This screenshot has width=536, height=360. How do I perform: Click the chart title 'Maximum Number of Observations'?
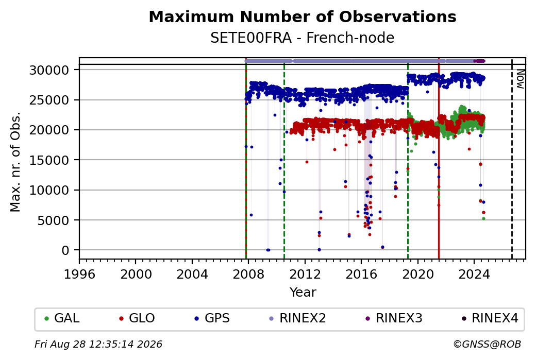[x=303, y=16]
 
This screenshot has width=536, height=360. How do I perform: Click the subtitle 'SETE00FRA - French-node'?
[x=303, y=38]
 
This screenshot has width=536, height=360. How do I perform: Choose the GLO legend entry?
[x=137, y=318]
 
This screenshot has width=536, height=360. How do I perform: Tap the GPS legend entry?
[x=212, y=318]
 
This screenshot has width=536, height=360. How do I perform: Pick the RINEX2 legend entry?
[x=297, y=318]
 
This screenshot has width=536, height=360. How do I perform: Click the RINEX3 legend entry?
[x=394, y=318]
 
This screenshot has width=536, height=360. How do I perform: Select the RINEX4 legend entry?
[x=490, y=318]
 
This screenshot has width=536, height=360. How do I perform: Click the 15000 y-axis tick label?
[x=49, y=160]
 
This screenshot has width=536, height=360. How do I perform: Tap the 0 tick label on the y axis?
[x=65, y=250]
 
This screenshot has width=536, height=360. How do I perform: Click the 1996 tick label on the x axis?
[x=79, y=274]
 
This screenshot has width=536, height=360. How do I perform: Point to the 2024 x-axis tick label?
[x=474, y=274]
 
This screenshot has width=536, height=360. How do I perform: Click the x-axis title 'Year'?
[x=303, y=293]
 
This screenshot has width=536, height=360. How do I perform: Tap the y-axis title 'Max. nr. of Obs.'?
[x=15, y=162]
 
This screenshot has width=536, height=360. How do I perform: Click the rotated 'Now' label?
[x=520, y=79]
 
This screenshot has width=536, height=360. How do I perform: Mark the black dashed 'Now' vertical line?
[x=512, y=159]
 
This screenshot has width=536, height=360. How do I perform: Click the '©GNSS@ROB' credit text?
[x=487, y=344]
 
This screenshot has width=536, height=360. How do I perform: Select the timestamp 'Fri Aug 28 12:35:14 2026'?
[x=98, y=344]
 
